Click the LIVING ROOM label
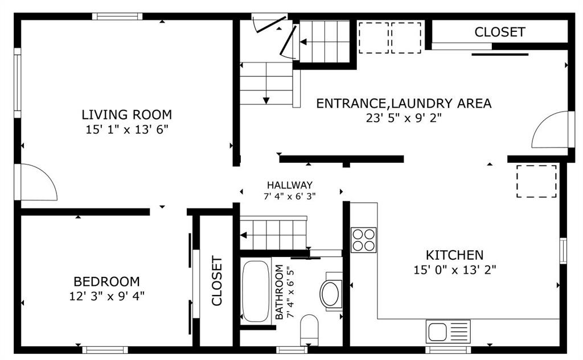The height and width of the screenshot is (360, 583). click(x=127, y=114)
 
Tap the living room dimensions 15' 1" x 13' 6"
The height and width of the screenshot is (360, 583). click(x=127, y=130)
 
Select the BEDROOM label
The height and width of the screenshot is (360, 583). click(x=106, y=281)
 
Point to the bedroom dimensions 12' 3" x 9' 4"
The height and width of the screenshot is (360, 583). click(x=106, y=296)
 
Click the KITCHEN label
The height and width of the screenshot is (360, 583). click(x=454, y=255)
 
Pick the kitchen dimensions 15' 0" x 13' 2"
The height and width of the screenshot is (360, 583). click(x=455, y=269)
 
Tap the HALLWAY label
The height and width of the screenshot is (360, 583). click(x=290, y=185)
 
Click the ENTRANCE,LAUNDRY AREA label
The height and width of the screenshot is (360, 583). click(x=404, y=103)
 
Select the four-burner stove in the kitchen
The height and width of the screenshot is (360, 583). click(x=364, y=240)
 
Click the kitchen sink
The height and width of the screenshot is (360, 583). click(x=448, y=332)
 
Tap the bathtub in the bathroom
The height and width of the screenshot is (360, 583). click(x=256, y=291)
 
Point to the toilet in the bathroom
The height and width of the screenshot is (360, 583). click(x=309, y=330)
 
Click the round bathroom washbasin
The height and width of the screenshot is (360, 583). click(x=331, y=294)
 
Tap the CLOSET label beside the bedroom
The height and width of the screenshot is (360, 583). click(x=217, y=280)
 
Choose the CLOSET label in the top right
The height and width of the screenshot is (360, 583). click(x=500, y=32)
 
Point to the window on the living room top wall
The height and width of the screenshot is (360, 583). click(x=117, y=17)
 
